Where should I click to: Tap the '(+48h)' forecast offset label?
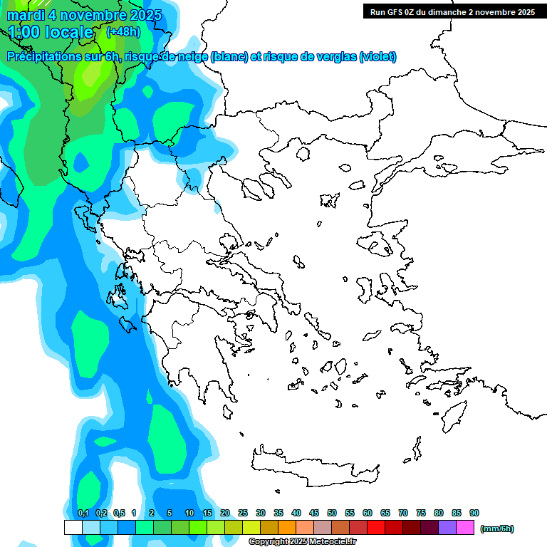click(123, 31)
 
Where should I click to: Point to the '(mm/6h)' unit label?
click(496, 528)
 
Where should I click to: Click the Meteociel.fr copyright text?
click(302, 542)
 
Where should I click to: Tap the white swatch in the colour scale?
click(73, 528)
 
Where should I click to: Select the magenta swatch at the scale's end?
click(465, 528)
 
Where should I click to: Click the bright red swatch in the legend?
click(376, 528)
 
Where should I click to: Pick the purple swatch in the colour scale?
click(447, 528)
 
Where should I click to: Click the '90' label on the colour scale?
click(474, 513)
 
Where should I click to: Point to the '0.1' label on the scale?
click(83, 513)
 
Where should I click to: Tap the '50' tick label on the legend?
click(332, 513)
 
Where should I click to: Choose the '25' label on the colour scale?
click(243, 513)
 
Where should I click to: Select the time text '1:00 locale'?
click(51, 32)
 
